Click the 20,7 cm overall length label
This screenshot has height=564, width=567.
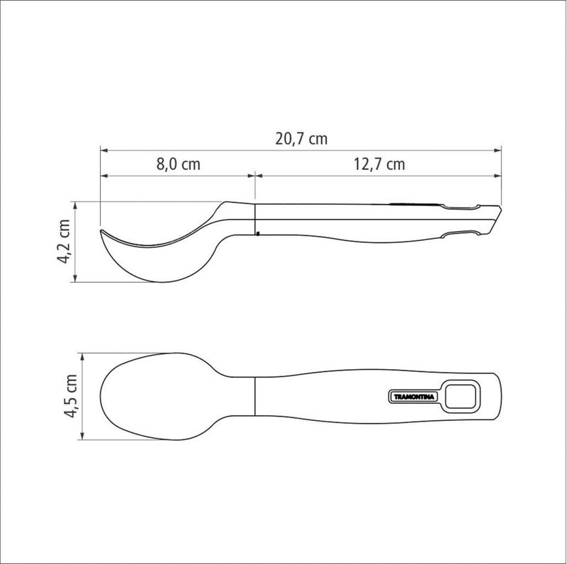click(x=301, y=139)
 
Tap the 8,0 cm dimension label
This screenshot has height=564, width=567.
click(x=179, y=164)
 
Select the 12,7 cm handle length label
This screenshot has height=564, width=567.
click(x=379, y=164)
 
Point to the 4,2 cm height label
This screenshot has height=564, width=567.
click(x=63, y=241)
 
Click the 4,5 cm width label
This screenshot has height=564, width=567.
click(x=70, y=396)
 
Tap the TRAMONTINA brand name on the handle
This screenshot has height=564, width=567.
click(x=414, y=397)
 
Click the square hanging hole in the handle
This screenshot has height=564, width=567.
click(x=460, y=397)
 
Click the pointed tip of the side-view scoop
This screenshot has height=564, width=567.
click(x=101, y=230)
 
